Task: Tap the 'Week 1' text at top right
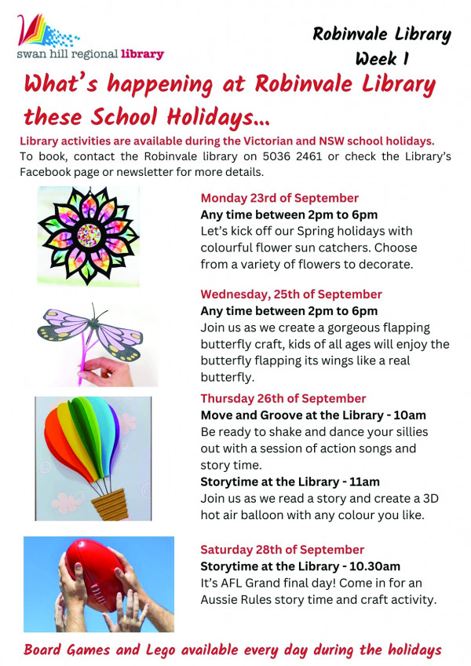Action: pos(382,58)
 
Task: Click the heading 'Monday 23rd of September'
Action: pos(279,198)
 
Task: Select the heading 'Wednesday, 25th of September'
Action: pos(291,294)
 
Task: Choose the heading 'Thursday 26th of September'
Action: pos(283,398)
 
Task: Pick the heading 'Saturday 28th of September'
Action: pos(282,549)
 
